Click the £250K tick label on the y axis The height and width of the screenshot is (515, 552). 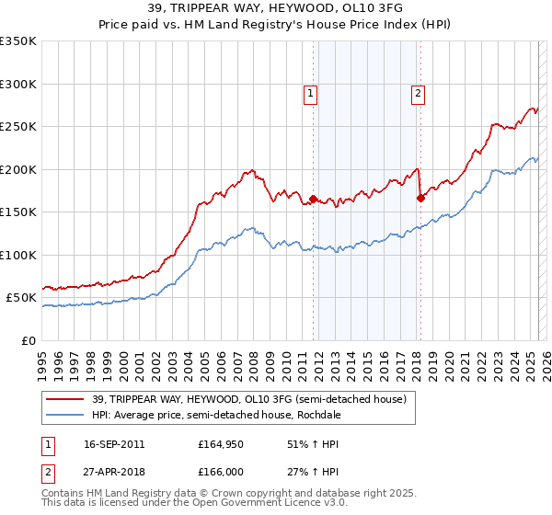[x=18, y=127]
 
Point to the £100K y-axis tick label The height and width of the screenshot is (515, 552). [x=18, y=255]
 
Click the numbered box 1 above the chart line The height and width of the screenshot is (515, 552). [x=311, y=93]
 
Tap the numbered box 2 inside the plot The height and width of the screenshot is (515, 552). [x=418, y=93]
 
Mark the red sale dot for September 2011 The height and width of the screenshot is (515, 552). [x=314, y=199]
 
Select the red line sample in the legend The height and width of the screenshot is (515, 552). [x=65, y=398]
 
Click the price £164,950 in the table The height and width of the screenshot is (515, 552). [x=218, y=444]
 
